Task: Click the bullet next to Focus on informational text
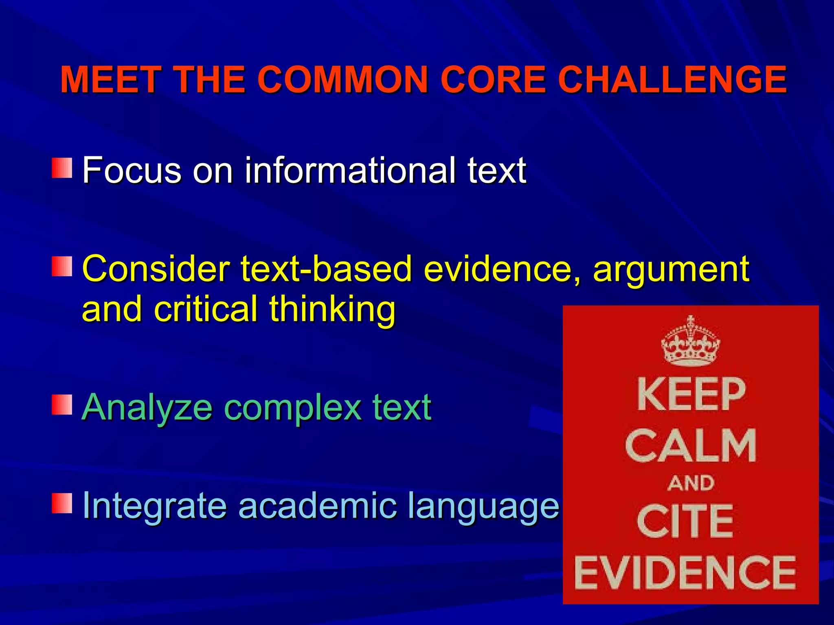(x=62, y=168)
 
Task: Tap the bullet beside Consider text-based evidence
(x=62, y=267)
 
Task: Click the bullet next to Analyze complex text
(x=62, y=405)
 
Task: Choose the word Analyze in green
(x=147, y=408)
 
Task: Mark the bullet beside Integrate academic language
(x=62, y=503)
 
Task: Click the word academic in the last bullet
(x=317, y=505)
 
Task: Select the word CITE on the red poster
(x=685, y=521)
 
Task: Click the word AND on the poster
(x=691, y=483)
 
